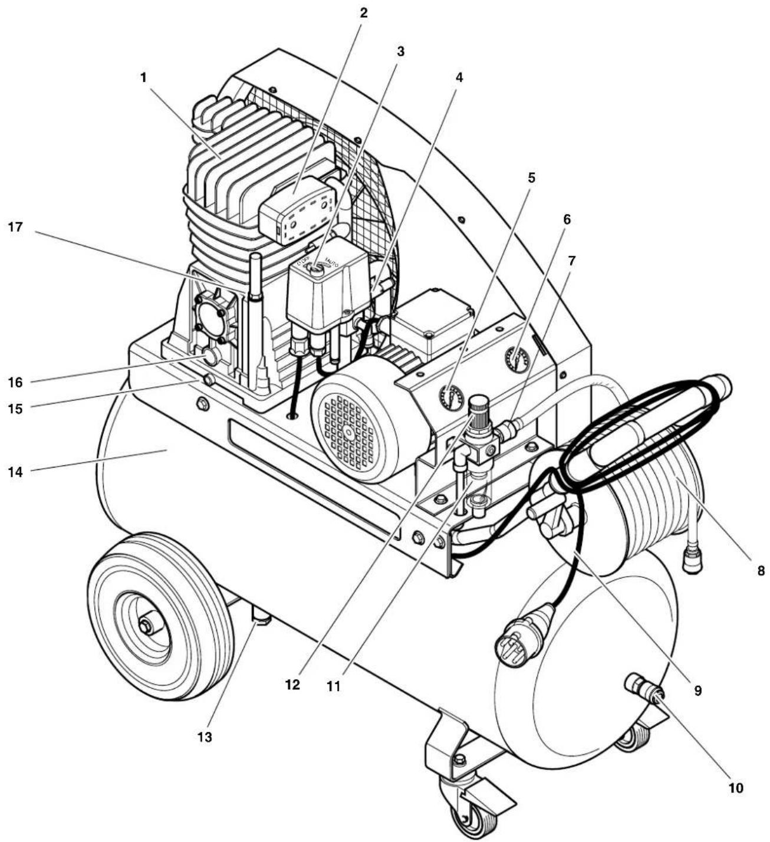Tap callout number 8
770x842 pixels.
pos(761,570)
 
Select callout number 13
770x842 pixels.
pos(205,736)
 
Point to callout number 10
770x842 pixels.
pos(735,787)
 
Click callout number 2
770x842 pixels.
pos(364,12)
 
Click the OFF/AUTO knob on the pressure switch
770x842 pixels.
pos(317,269)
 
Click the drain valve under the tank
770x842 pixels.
pos(261,617)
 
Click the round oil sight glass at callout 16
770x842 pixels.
pos(209,356)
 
